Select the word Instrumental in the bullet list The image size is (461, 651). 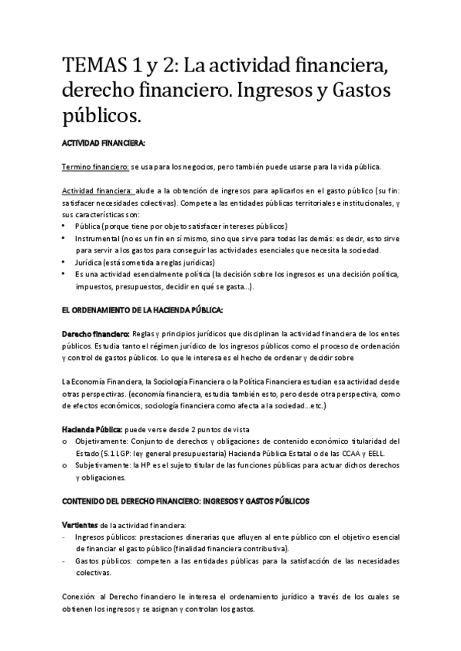[97, 239]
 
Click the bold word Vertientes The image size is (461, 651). [79, 524]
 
